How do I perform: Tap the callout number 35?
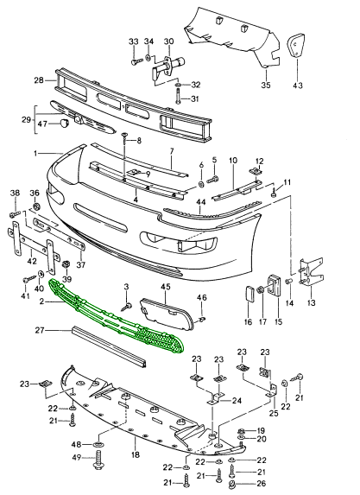click(266, 85)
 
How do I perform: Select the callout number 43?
click(298, 86)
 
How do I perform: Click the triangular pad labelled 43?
click(296, 45)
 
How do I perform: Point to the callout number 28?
click(39, 80)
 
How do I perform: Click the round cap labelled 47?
click(65, 123)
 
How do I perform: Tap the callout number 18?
click(136, 455)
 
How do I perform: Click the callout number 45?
click(166, 287)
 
